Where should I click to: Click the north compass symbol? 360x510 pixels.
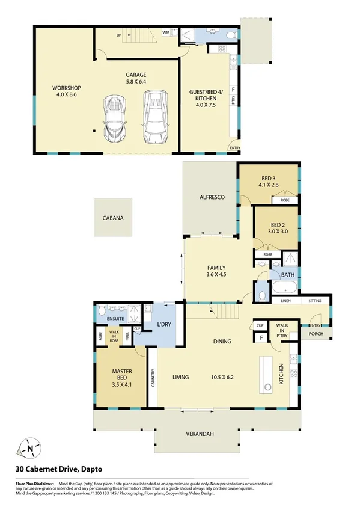pos(29,447)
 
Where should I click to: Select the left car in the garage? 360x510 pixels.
pos(114,118)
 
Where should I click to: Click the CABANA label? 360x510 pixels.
pos(113,218)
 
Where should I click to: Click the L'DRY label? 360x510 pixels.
pos(165,325)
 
